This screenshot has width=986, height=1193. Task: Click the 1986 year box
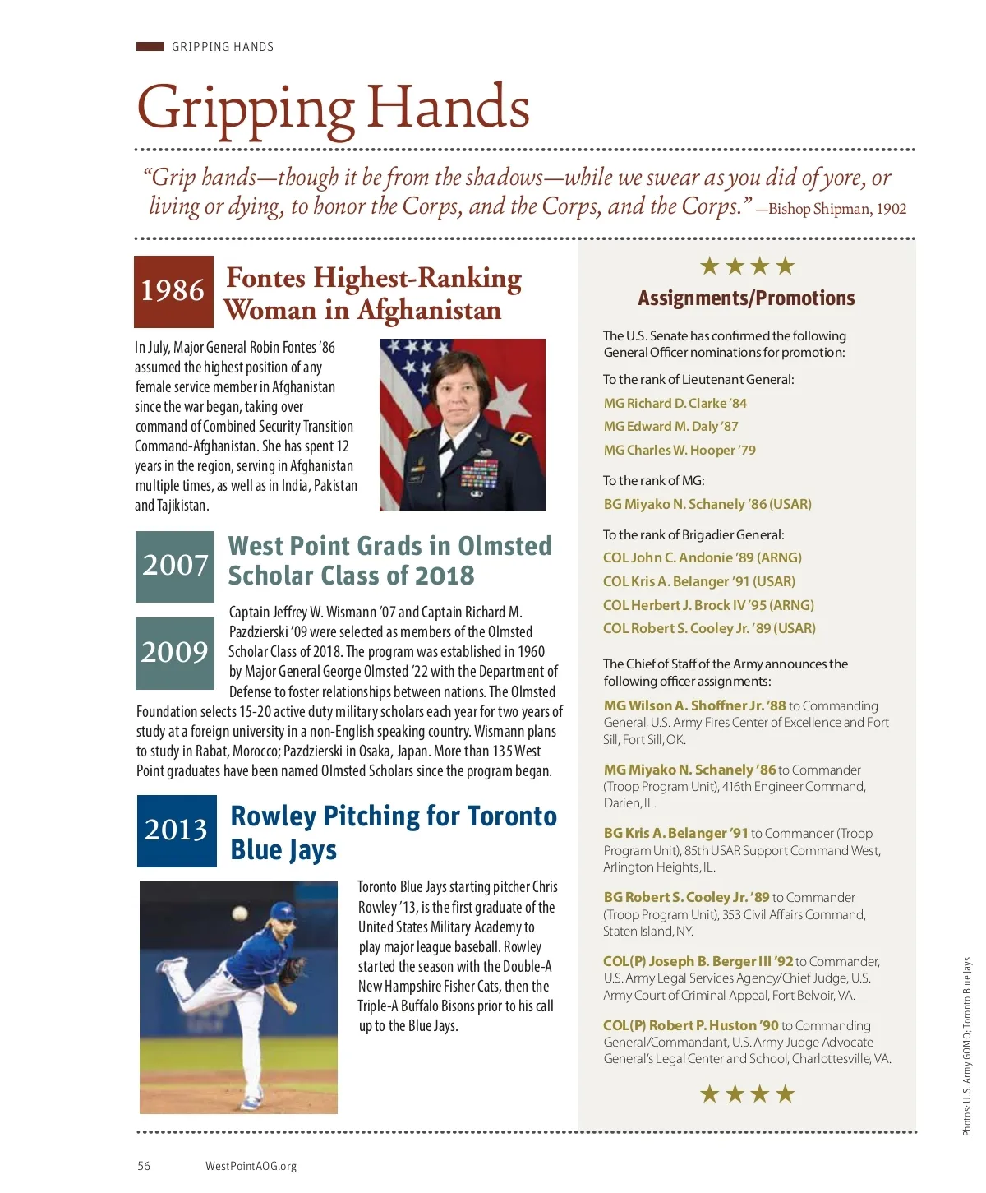pos(173,291)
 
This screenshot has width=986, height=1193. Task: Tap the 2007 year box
pos(175,566)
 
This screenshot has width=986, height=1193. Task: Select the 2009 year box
pos(175,653)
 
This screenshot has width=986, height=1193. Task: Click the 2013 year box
pos(177,830)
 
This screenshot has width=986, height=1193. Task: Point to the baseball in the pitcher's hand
pos(240,913)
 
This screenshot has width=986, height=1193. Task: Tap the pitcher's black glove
pos(292,971)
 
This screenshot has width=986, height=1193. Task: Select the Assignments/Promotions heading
pos(746,298)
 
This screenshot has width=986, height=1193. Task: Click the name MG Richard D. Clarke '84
pos(675,404)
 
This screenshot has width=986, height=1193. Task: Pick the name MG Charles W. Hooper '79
pos(680,451)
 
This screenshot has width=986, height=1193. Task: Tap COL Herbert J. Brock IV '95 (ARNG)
pos(708,605)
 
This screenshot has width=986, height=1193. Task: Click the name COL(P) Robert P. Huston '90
pos(690,1025)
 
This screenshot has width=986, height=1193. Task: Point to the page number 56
pos(144,1166)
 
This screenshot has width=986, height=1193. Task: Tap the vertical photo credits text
pos(967,1046)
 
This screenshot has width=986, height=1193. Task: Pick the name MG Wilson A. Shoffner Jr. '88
pos(694,705)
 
